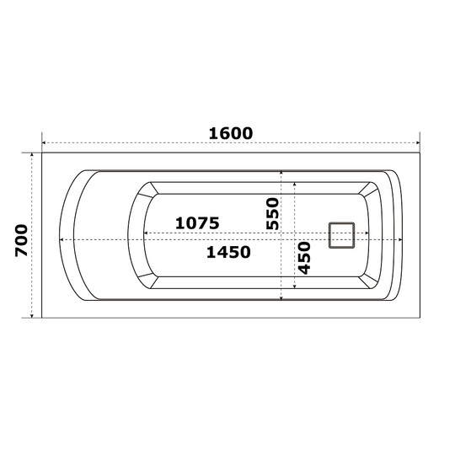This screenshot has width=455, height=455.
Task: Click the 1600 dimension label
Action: tap(231, 133)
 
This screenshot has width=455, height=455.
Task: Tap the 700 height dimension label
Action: tap(21, 240)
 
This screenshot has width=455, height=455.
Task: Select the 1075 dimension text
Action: tap(197, 223)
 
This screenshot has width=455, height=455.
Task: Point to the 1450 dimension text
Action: tap(228, 252)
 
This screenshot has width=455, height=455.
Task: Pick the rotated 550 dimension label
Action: tap(272, 213)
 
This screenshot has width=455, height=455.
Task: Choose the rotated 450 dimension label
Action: tap(304, 258)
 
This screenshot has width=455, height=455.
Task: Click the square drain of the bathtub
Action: tap(342, 235)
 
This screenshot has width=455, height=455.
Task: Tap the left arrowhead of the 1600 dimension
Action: tap(44, 142)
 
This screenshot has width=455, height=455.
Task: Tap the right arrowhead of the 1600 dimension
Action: tap(418, 142)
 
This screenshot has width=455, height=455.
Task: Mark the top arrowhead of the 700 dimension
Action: tap(32, 155)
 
